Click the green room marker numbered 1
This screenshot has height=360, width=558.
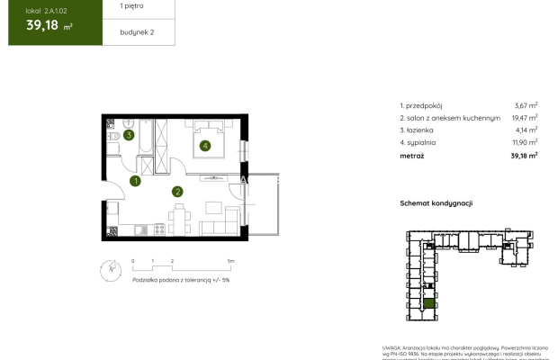pos(136,181)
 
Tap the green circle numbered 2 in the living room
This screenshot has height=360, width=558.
pos(178,191)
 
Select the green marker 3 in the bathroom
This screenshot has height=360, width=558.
pos(130,136)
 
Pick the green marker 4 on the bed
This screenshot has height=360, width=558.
pos(205,145)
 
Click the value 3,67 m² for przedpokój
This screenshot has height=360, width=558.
pos(525,105)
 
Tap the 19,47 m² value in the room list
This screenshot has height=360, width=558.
pos(523,117)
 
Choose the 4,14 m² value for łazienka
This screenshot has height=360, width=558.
pos(525,129)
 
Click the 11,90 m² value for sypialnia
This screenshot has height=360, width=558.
pos(523,141)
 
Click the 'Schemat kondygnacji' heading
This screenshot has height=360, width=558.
pos(436,204)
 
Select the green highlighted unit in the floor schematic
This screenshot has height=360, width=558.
pos(430,303)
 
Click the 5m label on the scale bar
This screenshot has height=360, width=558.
pos(231,260)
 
